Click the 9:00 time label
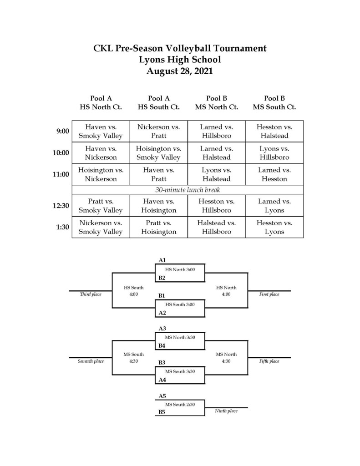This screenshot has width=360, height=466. (63, 131)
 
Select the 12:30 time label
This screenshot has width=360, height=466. (61, 206)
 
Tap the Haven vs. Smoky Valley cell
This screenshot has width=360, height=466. (101, 132)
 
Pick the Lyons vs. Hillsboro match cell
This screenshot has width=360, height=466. (274, 153)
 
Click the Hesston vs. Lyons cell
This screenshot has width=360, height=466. (274, 227)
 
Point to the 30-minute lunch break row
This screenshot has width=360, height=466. (188, 190)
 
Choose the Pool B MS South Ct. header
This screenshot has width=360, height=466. (274, 102)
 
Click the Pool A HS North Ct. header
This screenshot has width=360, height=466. (101, 102)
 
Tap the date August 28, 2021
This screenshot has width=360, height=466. (180, 71)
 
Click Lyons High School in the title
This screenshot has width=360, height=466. (180, 60)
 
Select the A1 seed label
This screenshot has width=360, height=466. (162, 260)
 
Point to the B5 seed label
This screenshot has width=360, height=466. (162, 412)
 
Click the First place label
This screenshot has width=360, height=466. (269, 294)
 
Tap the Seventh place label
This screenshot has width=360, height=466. (91, 361)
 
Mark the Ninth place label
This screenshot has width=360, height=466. (226, 411)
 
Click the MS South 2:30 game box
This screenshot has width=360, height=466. (180, 408)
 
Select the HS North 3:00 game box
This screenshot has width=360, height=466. (180, 273)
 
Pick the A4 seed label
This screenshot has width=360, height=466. (162, 380)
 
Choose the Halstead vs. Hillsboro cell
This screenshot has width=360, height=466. (217, 227)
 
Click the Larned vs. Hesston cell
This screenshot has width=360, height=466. (274, 174)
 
